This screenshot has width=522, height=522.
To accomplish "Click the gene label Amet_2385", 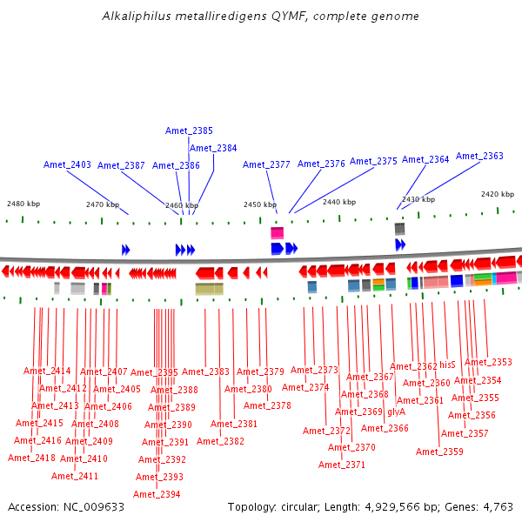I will (x=189, y=130).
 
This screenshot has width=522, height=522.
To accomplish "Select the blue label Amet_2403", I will (x=67, y=164).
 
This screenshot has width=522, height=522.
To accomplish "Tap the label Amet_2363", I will (x=479, y=156).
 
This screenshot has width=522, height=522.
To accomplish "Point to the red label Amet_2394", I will (x=157, y=494).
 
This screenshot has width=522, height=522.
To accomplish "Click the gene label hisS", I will (x=447, y=365).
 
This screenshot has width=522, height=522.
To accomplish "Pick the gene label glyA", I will (x=397, y=412).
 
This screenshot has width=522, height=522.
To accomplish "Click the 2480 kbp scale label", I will (x=23, y=204).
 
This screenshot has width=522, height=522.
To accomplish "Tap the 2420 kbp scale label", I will (x=498, y=194).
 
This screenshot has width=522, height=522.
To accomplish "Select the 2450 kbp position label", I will (x=259, y=204).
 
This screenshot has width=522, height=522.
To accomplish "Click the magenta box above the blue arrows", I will (x=277, y=233).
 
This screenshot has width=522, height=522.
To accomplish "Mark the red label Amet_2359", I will (x=439, y=452).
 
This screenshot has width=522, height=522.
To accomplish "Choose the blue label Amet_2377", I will (x=266, y=164).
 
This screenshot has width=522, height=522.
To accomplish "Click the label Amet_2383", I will (x=205, y=371).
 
